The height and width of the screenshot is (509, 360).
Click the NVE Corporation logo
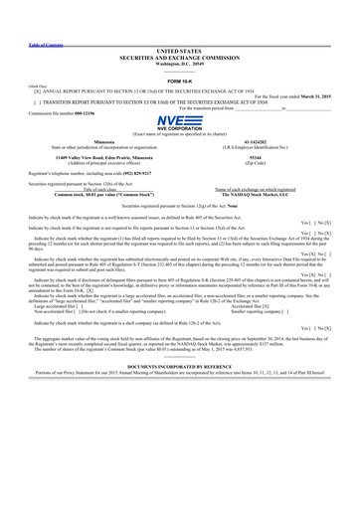click(x=179, y=123)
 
